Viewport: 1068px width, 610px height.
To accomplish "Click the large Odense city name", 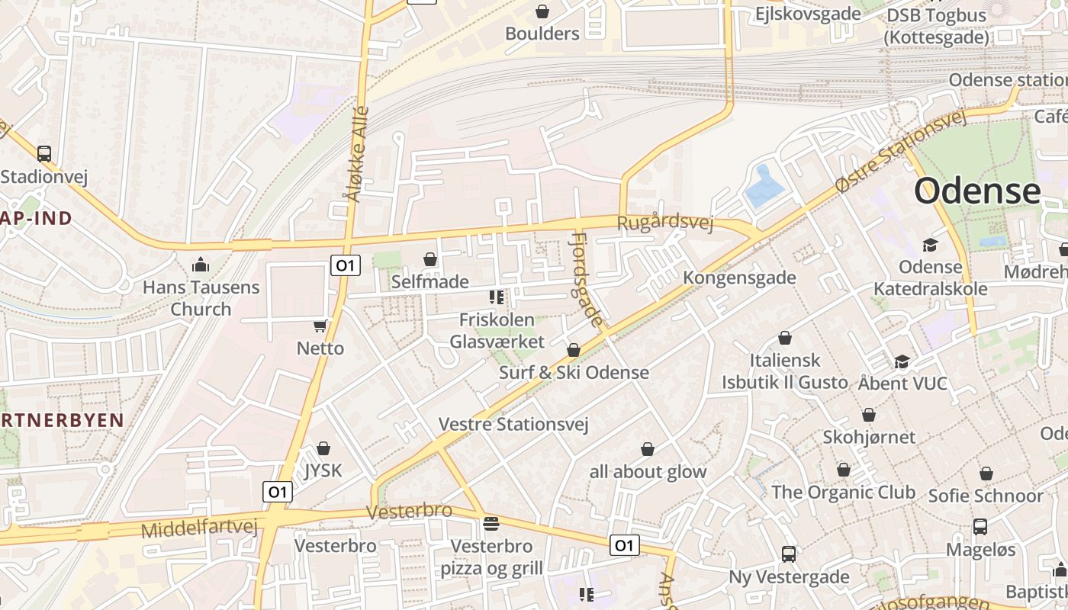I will click(977, 191).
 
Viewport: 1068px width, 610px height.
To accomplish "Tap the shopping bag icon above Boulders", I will click(542, 11).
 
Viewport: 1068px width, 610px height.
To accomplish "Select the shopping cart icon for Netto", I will click(320, 326).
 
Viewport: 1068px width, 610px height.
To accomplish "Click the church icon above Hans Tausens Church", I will click(201, 265).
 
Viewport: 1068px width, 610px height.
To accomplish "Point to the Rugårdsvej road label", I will click(664, 223).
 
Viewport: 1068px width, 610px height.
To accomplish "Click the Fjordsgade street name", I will click(588, 281).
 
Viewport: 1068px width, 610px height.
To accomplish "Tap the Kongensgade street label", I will click(739, 278).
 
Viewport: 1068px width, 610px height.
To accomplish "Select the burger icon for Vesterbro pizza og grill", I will click(491, 524).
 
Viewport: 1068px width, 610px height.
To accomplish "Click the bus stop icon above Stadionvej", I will click(44, 153).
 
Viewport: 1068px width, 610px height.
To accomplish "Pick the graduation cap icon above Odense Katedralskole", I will click(930, 245).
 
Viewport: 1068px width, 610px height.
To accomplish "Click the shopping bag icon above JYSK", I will click(323, 448).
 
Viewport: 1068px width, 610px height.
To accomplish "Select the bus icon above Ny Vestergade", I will click(789, 554).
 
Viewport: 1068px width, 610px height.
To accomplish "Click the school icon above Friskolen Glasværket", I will click(497, 297).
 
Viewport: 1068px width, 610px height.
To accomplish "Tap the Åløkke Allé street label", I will click(357, 155).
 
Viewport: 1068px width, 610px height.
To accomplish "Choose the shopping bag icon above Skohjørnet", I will click(869, 416).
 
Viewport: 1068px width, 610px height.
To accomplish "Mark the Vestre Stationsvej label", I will click(513, 424).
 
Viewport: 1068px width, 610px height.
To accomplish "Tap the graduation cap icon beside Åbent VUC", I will click(902, 361).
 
